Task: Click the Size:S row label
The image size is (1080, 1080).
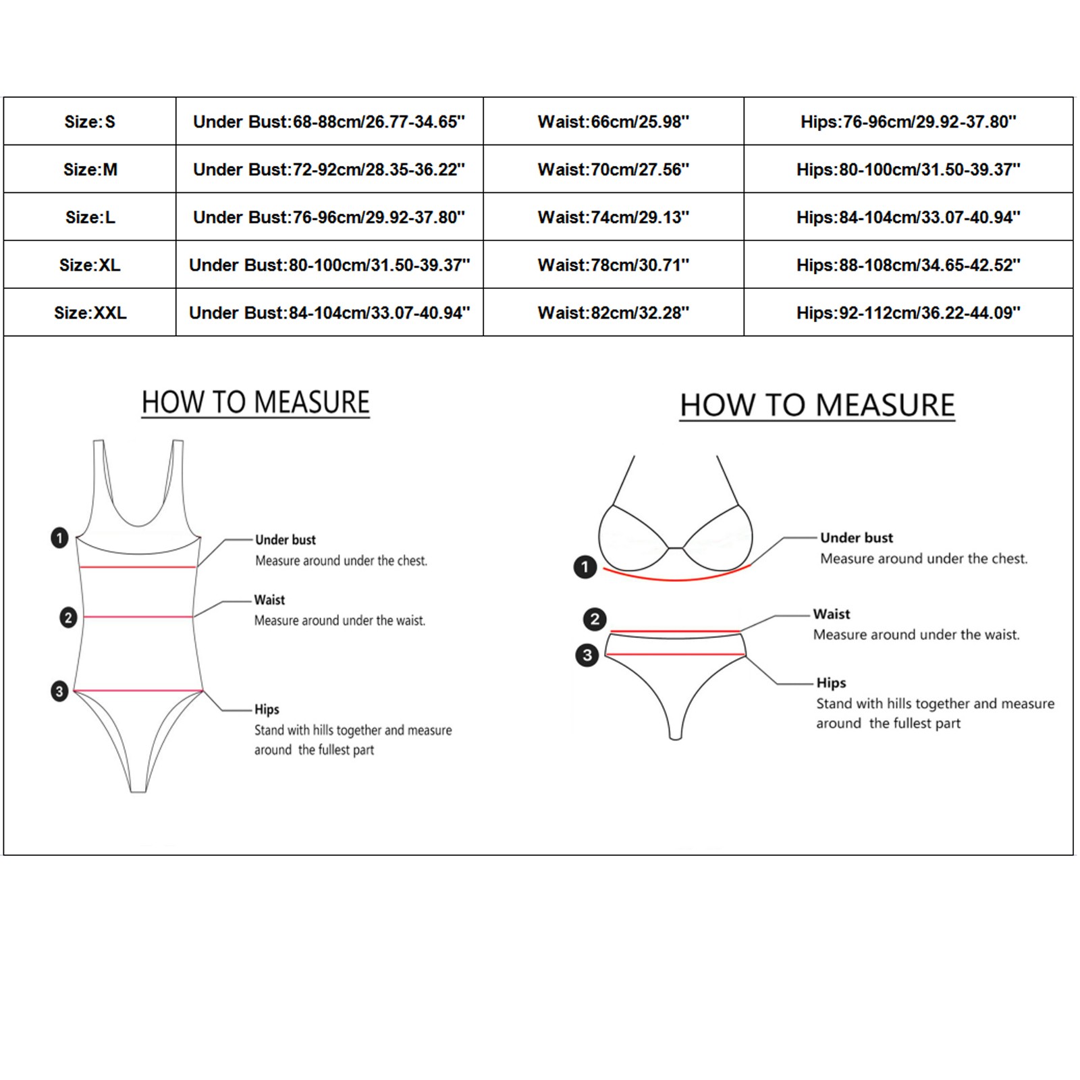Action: [90, 122]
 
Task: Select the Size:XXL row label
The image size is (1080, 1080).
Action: [90, 313]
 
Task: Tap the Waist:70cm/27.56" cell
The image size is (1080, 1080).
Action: [613, 169]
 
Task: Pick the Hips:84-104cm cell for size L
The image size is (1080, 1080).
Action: [908, 217]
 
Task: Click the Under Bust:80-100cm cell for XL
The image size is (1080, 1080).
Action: [329, 265]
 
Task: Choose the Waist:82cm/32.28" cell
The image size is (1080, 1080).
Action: [613, 313]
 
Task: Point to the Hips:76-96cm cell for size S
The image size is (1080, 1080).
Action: [908, 122]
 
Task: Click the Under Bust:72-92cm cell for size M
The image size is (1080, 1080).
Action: [329, 169]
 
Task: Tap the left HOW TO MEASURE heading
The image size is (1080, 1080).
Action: [255, 402]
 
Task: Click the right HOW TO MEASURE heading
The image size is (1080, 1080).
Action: [817, 405]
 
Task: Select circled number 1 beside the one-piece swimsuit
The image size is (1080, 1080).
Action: [59, 538]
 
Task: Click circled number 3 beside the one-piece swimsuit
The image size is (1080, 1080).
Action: [59, 691]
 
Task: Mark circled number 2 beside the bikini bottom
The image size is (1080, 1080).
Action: [595, 619]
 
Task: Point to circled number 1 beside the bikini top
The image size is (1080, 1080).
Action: [585, 567]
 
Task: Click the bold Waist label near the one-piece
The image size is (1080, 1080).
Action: [269, 600]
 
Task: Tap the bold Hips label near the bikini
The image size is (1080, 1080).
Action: [831, 683]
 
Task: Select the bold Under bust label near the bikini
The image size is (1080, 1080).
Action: [856, 538]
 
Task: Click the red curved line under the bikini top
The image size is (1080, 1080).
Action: [675, 578]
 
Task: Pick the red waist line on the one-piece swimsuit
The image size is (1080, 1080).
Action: [138, 617]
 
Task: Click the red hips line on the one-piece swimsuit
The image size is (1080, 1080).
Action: [138, 691]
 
